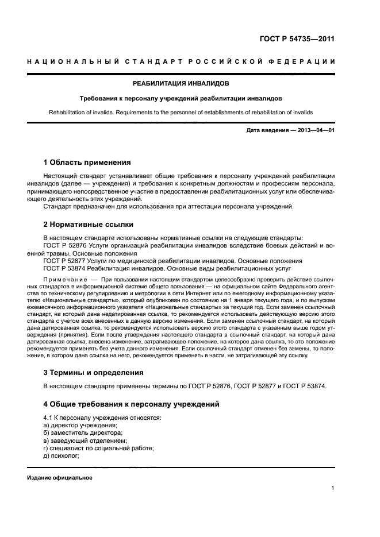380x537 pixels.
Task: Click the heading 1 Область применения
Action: (x=87, y=163)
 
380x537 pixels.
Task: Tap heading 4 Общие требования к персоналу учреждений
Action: (x=132, y=404)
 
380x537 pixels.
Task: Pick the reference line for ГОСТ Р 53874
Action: (x=167, y=268)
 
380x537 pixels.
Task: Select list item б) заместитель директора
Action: (x=83, y=432)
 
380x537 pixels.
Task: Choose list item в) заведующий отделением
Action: (x=80, y=440)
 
